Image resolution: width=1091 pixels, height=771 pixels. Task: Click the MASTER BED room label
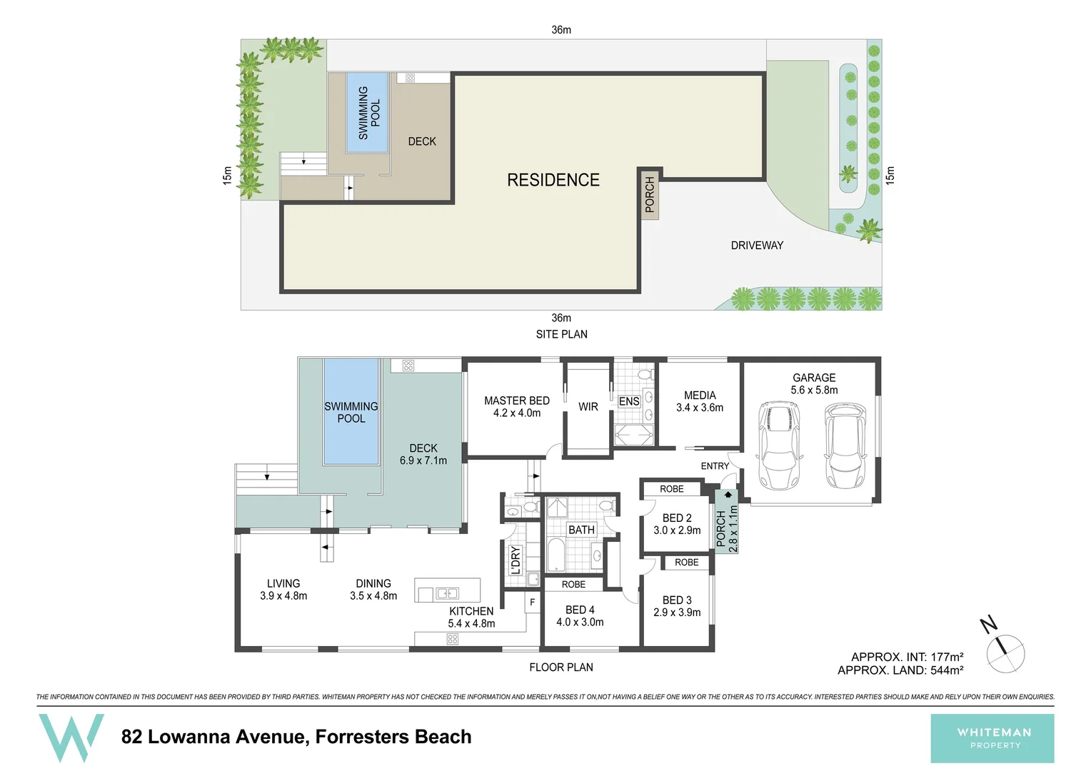pos(517,406)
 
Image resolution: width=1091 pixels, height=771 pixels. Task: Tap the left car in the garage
pos(778,445)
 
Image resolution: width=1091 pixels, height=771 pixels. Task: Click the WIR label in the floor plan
pos(588,407)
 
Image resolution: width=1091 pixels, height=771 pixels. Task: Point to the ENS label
pos(629,402)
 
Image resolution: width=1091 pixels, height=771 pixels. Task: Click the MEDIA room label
pos(700,401)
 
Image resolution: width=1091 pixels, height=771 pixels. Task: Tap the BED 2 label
pos(677,524)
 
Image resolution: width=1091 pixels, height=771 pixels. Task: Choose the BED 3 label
pos(677,606)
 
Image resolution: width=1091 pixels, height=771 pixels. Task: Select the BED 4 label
pos(580,615)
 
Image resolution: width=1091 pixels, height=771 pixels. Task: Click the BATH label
pos(581,530)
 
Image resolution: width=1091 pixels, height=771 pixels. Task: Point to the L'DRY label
pos(516,560)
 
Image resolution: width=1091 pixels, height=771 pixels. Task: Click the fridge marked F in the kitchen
pos(532,603)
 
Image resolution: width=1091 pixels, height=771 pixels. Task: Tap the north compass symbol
pos(1005,650)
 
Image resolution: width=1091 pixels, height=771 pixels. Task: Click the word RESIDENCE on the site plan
pos(553,180)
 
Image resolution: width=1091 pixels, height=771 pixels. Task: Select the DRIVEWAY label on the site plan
pos(757,246)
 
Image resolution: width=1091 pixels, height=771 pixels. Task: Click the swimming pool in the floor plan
pos(351,412)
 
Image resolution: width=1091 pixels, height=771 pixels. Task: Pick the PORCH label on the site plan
pos(650,195)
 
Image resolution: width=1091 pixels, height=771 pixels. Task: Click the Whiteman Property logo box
pos(992,738)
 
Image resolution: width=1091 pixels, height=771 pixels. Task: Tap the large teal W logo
pos(71,737)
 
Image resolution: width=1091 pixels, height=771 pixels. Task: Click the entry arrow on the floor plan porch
pos(728,494)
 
